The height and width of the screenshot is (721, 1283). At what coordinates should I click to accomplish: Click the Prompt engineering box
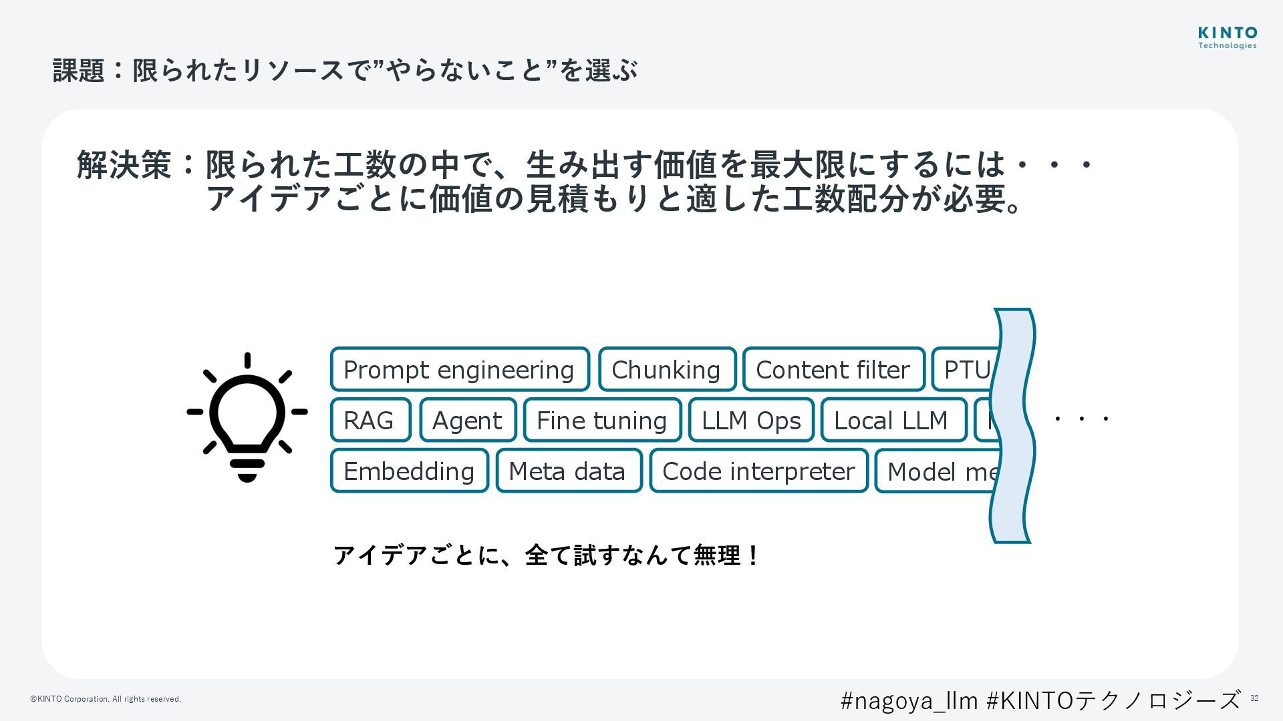[460, 369]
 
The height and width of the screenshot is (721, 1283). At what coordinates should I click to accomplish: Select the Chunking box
[667, 369]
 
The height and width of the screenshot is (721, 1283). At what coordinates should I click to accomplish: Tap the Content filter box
[833, 369]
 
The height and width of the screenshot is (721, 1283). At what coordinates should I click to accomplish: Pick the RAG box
[370, 420]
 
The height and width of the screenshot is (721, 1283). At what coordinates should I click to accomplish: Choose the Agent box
[468, 420]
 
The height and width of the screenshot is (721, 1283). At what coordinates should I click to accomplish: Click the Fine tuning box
[602, 420]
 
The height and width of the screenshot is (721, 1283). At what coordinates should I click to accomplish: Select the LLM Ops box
[751, 420]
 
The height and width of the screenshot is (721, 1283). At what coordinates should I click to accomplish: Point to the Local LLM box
[893, 420]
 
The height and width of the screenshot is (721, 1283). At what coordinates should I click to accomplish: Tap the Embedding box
[409, 471]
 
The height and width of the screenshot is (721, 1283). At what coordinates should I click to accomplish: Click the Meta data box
[568, 471]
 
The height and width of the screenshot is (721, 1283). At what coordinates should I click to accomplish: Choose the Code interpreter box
[758, 471]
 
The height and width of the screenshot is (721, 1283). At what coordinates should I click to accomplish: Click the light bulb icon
[247, 417]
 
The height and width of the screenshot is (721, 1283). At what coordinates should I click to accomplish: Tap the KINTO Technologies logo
[1227, 37]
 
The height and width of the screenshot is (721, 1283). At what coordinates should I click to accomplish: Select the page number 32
[1254, 698]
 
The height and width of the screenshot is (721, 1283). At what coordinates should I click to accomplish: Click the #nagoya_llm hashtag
[909, 700]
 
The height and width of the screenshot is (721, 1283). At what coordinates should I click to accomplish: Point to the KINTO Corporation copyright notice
[106, 699]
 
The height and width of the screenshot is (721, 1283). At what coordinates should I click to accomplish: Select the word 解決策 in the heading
[124, 165]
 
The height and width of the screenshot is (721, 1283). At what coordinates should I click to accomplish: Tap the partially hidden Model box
[939, 471]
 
